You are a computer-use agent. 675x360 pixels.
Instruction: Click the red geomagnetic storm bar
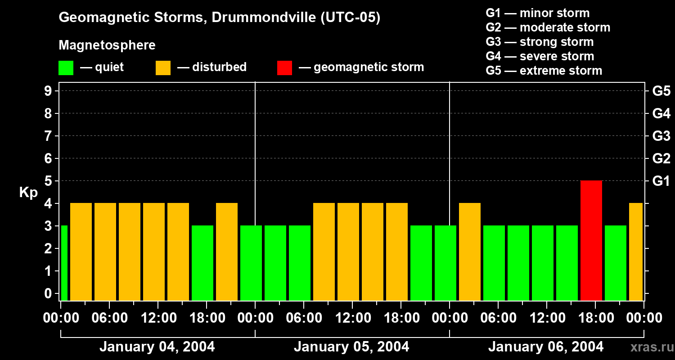pyautogui.click(x=591, y=240)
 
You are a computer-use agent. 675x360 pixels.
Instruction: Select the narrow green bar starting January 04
pyautogui.click(x=64, y=263)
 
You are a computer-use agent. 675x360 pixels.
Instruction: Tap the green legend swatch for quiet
pyautogui.click(x=66, y=67)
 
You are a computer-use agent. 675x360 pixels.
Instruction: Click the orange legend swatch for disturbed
pyautogui.click(x=163, y=67)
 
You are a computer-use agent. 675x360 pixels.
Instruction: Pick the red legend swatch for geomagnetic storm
pyautogui.click(x=284, y=67)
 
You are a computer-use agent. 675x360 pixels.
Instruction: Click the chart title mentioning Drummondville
pyautogui.click(x=220, y=18)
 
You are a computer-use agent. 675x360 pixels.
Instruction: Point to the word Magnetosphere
pyautogui.click(x=107, y=45)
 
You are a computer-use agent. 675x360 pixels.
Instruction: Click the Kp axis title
pyautogui.click(x=28, y=193)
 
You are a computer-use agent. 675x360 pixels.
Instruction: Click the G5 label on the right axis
pyautogui.click(x=661, y=91)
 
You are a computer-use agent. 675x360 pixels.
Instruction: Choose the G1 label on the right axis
pyautogui.click(x=661, y=181)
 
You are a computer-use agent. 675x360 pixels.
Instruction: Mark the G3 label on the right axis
pyautogui.click(x=661, y=136)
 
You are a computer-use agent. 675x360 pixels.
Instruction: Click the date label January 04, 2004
pyautogui.click(x=157, y=347)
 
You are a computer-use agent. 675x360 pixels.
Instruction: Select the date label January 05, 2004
pyautogui.click(x=351, y=347)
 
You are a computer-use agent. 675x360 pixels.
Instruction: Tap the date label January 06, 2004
pyautogui.click(x=546, y=347)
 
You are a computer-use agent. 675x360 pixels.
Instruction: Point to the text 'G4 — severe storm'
pyautogui.click(x=540, y=56)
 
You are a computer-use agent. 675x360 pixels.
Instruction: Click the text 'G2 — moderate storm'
pyautogui.click(x=548, y=27)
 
